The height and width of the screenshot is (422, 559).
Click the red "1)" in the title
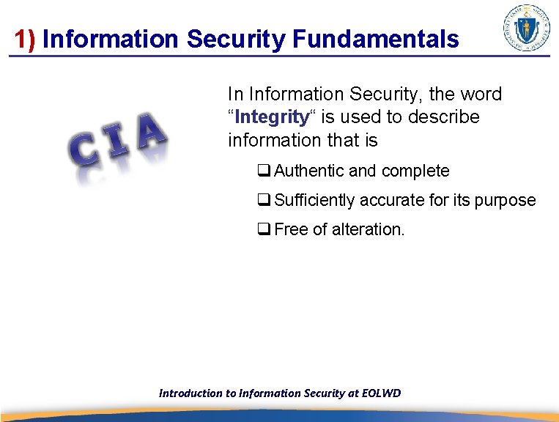pos(25,40)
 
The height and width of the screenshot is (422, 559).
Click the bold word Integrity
pos(272,117)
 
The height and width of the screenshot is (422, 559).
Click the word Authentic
pos(308,171)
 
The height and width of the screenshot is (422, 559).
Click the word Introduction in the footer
pos(190,393)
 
